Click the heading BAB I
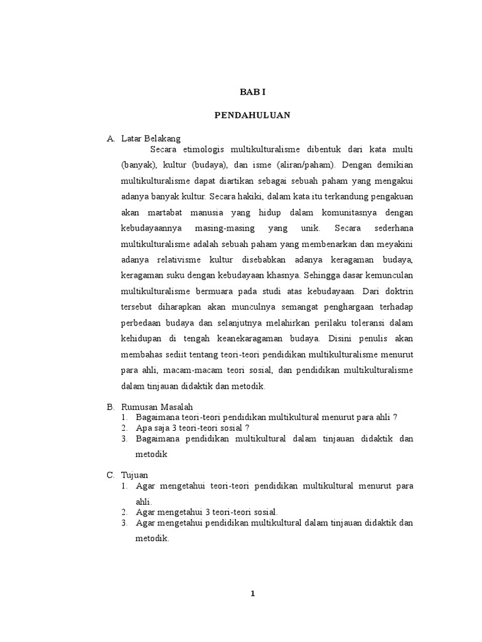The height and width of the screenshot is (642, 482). tap(253, 92)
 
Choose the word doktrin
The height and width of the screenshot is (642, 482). tap(399, 290)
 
